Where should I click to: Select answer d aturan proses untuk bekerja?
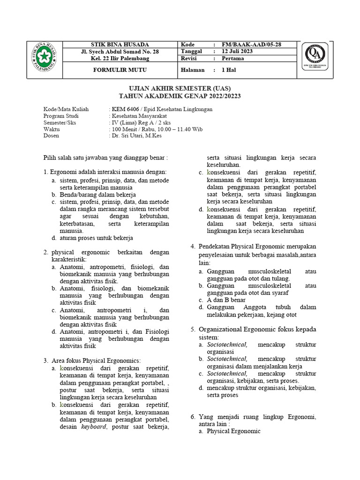[x=97, y=238]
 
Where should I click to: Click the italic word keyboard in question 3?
[x=94, y=427]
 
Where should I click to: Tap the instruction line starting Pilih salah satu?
[x=105, y=158]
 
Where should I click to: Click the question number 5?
[x=193, y=330]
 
